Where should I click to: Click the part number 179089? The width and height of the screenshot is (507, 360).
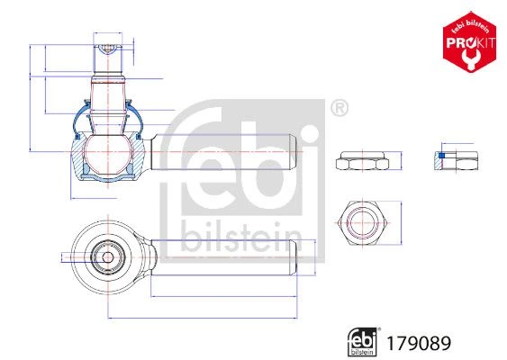click(x=419, y=343)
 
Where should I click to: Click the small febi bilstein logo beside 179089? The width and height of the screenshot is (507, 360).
click(x=363, y=342)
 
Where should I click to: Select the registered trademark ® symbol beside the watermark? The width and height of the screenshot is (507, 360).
click(x=340, y=108)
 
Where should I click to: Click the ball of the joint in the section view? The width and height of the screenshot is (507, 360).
click(x=108, y=155)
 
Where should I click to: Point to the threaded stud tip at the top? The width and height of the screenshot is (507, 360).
click(x=108, y=49)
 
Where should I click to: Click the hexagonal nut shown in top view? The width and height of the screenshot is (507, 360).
click(x=363, y=223)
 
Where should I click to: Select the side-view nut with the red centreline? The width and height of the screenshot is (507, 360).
click(x=363, y=160)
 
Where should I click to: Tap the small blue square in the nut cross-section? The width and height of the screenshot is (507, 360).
click(x=442, y=156)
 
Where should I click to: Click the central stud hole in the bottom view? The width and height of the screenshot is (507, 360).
click(x=108, y=257)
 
